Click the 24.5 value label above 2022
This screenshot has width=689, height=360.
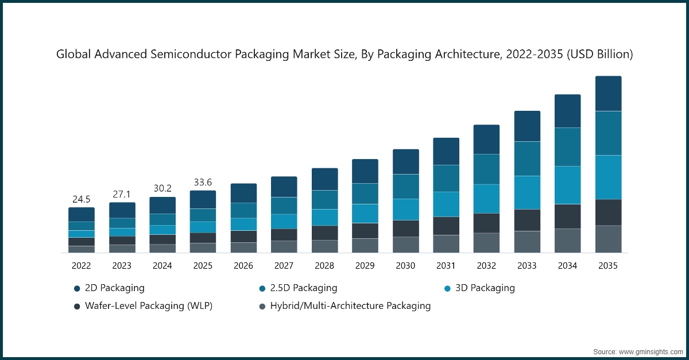tap(81, 200)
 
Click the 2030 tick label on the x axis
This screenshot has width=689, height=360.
tap(405, 266)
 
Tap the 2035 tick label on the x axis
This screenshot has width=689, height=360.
tap(608, 266)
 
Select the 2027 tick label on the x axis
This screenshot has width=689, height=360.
tap(284, 266)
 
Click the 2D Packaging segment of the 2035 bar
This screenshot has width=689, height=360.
tap(608, 94)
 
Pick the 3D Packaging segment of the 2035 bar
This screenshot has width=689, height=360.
tap(608, 177)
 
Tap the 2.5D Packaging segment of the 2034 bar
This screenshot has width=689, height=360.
tap(567, 146)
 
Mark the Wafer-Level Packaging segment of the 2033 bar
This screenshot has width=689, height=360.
tap(527, 220)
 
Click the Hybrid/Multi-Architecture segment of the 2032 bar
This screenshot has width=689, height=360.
tap(486, 242)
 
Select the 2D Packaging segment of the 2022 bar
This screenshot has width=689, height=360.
tap(81, 214)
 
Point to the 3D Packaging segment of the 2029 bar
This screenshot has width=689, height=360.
tap(365, 213)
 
